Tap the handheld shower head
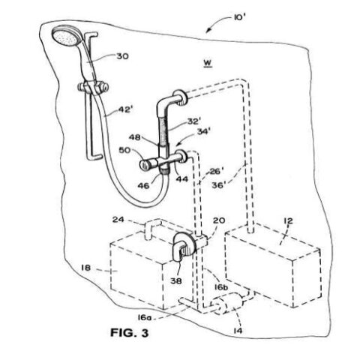(64, 37)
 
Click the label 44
(182, 180)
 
